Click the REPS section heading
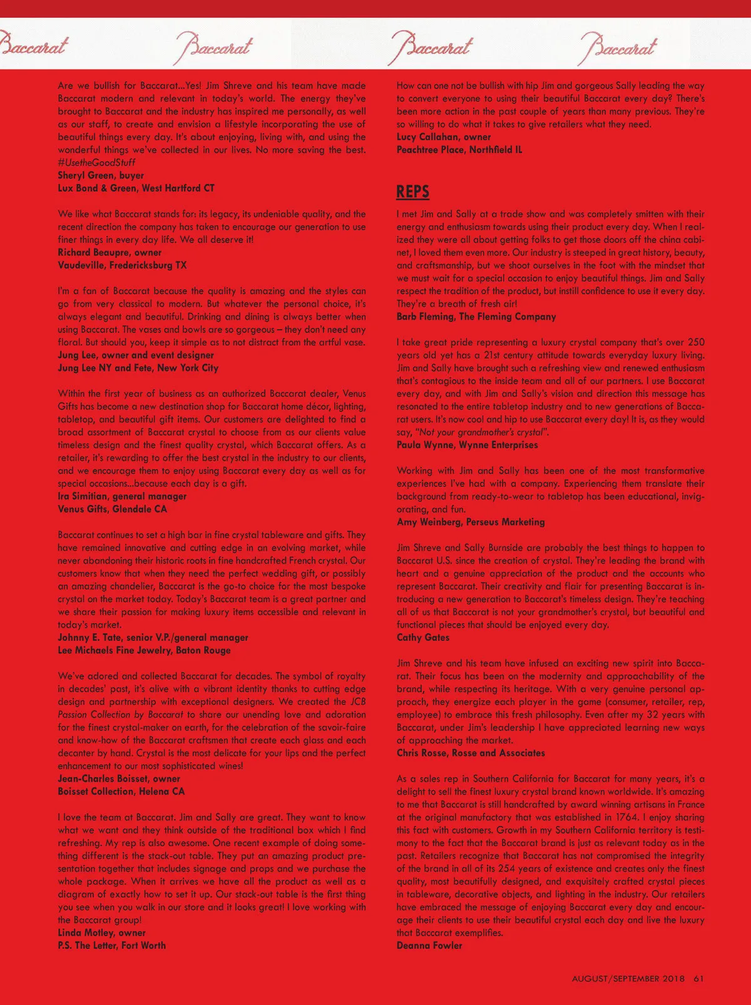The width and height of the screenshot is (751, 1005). pos(413,191)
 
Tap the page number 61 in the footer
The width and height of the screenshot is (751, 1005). pos(699,978)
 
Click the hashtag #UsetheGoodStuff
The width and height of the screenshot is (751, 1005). pos(96,163)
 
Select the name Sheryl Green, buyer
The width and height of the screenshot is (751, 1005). pos(101,175)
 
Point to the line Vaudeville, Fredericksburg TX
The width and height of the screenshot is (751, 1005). pos(122,265)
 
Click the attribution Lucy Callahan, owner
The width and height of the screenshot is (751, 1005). pos(444,137)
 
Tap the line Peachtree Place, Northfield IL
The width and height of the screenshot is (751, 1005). pos(459,150)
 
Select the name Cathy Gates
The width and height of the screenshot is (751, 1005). pos(423,638)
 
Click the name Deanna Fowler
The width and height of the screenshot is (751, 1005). pos(429,946)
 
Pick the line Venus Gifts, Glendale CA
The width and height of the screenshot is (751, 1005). pos(113,509)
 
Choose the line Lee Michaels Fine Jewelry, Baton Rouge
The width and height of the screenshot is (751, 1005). pos(144,650)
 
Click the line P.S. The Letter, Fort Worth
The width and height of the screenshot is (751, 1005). pos(112,946)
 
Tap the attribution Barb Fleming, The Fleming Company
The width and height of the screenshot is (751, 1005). pos(476,317)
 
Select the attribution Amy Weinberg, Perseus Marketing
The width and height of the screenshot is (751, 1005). pos(471,522)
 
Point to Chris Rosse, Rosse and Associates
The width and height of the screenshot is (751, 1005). pos(471,753)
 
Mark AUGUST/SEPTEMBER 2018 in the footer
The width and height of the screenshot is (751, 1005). pos(628,978)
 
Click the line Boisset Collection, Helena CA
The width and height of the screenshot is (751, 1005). pos(121,792)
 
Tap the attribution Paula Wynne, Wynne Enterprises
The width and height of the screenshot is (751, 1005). pos(467,445)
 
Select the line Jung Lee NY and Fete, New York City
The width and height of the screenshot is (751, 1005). pos(138,368)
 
